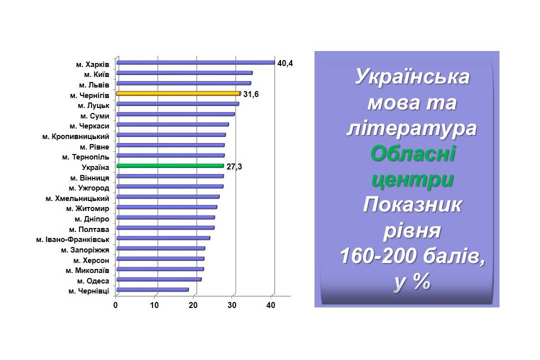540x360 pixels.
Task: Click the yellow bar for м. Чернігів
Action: click(178, 93)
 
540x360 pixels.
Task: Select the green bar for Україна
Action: click(170, 165)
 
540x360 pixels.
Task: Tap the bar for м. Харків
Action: click(195, 62)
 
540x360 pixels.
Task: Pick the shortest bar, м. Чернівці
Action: click(152, 289)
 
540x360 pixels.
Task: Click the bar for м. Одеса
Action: click(159, 279)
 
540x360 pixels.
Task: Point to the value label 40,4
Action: click(285, 63)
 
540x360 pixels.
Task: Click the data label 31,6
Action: click(250, 94)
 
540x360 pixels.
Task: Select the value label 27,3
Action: click(234, 166)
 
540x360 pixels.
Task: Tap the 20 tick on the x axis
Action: click(193, 305)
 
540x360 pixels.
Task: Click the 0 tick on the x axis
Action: click(115, 305)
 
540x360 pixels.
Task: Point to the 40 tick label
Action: click(271, 305)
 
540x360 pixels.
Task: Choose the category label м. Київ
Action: click(96, 74)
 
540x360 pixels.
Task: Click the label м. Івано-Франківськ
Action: click(72, 239)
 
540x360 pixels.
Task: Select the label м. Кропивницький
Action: click(76, 137)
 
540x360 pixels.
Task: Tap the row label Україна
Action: click(95, 167)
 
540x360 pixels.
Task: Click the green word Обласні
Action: click(413, 153)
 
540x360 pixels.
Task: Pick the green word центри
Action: click(412, 180)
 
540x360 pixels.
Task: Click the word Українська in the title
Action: click(412, 76)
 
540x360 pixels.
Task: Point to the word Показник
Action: click(412, 205)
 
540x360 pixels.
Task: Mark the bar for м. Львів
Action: click(183, 83)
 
